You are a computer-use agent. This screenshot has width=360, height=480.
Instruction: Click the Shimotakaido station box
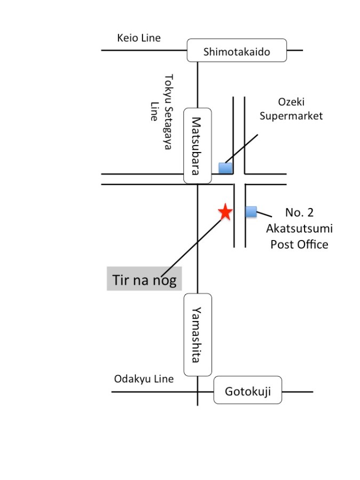tap(237, 50)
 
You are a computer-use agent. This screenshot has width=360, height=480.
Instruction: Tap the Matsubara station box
tap(197, 146)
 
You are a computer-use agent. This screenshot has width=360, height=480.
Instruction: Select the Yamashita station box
tap(197, 334)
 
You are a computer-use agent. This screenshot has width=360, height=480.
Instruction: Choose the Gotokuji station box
tap(247, 390)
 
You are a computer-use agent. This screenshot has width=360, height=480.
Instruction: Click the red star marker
tap(226, 212)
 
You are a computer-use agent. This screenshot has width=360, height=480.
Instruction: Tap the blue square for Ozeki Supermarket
tap(225, 168)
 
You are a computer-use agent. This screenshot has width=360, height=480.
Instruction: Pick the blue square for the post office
tap(251, 212)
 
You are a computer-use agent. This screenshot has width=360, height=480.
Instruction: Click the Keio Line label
tap(139, 38)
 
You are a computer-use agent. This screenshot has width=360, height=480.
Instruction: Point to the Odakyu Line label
tap(144, 379)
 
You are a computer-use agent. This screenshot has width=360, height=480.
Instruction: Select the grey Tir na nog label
tap(144, 278)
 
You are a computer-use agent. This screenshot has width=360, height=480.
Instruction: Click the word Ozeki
tap(291, 102)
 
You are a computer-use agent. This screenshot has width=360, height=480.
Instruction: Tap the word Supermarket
tap(291, 116)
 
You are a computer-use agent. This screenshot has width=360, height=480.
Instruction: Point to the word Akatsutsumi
tap(299, 228)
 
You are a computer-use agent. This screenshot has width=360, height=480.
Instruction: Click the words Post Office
tap(299, 244)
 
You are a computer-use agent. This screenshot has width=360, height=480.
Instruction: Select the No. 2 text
tap(299, 212)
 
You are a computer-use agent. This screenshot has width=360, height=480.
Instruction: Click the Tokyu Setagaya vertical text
tap(169, 112)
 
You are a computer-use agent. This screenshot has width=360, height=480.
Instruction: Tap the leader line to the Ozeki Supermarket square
tap(241, 148)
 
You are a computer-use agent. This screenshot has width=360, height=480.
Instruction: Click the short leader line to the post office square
tap(264, 214)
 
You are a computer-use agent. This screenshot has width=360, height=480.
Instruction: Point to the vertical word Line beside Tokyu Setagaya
tap(154, 111)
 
